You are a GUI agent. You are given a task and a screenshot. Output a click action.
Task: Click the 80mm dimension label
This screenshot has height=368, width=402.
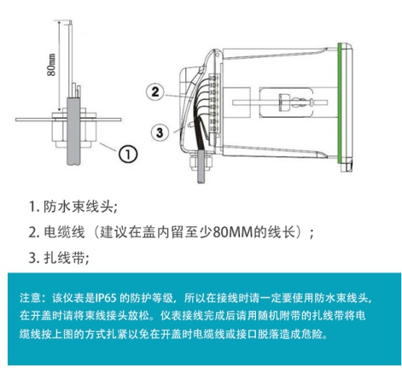point(52,64)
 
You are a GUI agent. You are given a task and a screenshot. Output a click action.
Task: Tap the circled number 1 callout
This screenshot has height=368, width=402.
point(126,154)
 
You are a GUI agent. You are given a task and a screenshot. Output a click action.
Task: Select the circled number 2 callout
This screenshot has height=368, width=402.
point(154,91)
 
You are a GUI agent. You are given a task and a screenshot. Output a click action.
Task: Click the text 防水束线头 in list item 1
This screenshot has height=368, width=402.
point(79,207)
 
